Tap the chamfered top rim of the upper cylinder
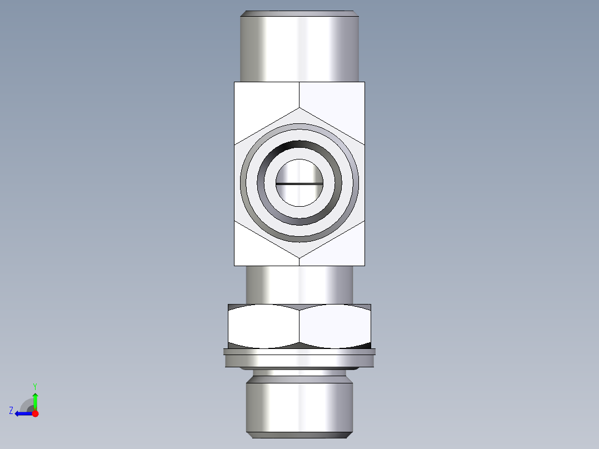pyautogui.click(x=299, y=12)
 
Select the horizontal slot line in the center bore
pyautogui.click(x=299, y=183)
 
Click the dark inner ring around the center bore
pyautogui.click(x=299, y=145)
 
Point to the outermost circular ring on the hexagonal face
pyautogui.click(x=299, y=126)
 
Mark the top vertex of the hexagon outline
pyautogui.click(x=299, y=108)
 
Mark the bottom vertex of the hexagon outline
pyautogui.click(x=299, y=258)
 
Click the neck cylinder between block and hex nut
pyautogui.click(x=299, y=284)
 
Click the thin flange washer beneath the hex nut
pyautogui.click(x=299, y=352)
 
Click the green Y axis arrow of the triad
pyautogui.click(x=35, y=399)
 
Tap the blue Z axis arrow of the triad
pyautogui.click(x=22, y=413)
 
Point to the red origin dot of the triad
pyautogui.click(x=35, y=413)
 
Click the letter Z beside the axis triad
pyautogui.click(x=11, y=410)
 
